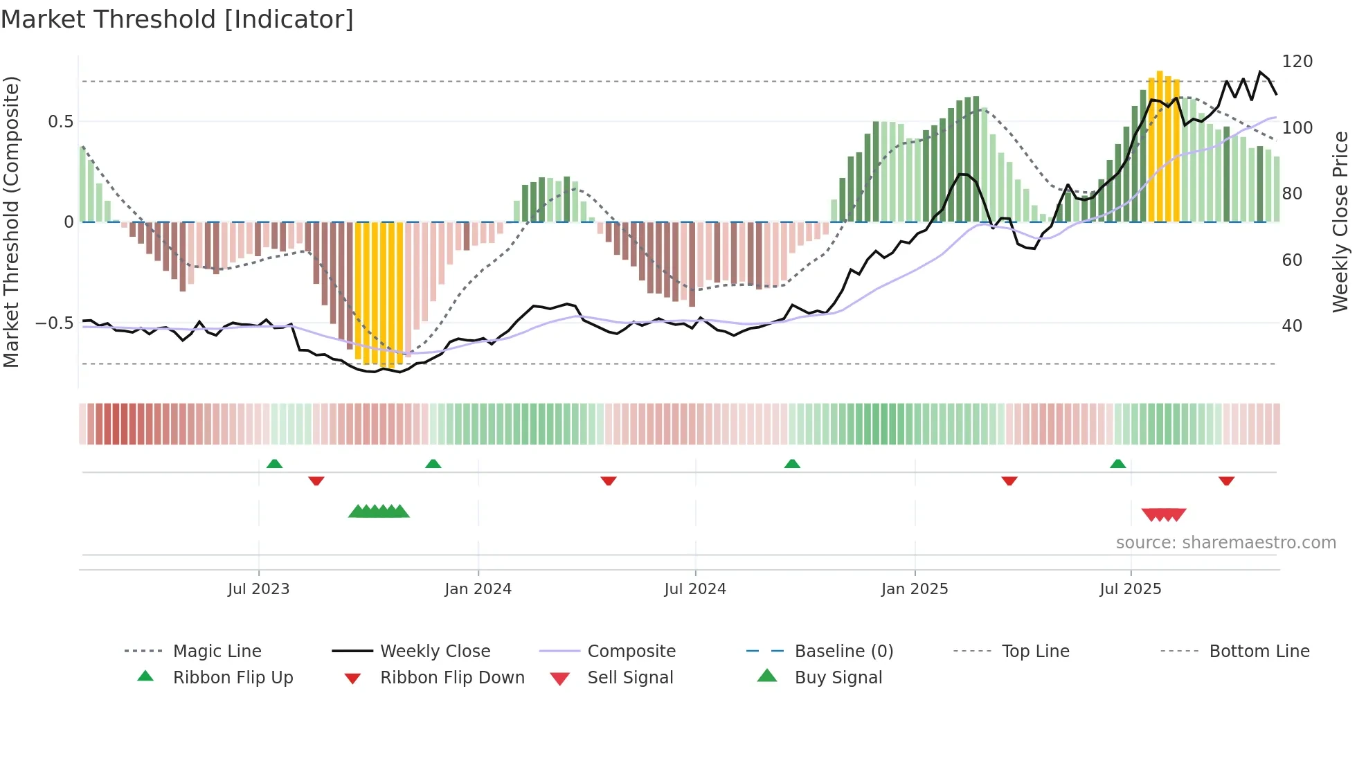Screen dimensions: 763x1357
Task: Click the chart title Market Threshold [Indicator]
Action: click(x=177, y=19)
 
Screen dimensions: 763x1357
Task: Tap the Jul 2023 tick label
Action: click(x=258, y=589)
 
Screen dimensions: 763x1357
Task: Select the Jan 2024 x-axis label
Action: click(x=478, y=589)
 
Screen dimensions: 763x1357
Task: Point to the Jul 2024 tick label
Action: click(x=695, y=589)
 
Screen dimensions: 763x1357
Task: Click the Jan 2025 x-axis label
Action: click(x=915, y=589)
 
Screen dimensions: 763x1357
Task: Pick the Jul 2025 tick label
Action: click(x=1130, y=589)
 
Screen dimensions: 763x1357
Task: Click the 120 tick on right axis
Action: click(x=1297, y=62)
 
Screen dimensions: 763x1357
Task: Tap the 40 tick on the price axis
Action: click(x=1292, y=326)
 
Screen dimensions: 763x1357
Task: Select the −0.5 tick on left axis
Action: click(x=55, y=323)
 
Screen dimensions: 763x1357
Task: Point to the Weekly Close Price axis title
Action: click(x=1340, y=222)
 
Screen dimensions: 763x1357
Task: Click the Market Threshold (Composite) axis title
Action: click(x=11, y=222)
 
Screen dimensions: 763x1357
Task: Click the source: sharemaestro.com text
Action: click(x=1225, y=543)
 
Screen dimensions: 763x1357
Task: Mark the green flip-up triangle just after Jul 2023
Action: click(x=274, y=464)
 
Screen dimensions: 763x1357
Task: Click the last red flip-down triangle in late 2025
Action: click(x=1226, y=481)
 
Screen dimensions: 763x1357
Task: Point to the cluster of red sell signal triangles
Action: click(x=1164, y=514)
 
